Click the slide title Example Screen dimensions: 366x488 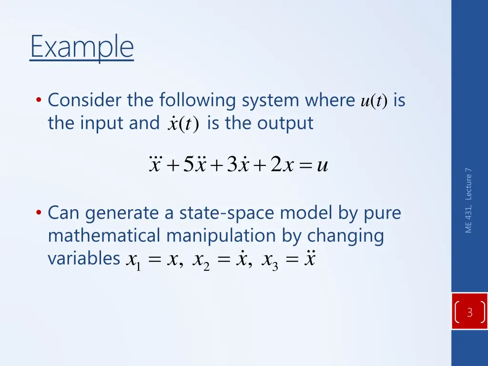(x=81, y=47)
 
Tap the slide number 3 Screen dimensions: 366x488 (x=469, y=313)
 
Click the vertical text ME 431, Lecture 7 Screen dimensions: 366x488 (x=469, y=201)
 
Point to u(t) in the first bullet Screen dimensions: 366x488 (x=374, y=101)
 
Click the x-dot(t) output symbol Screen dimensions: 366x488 (x=183, y=124)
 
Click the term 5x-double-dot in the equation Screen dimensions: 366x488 (x=194, y=165)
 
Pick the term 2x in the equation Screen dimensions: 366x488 (x=281, y=165)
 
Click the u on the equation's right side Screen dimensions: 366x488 (x=322, y=166)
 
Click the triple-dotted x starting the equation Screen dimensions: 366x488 (x=155, y=165)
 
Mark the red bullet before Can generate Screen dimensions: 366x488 (x=39, y=213)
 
